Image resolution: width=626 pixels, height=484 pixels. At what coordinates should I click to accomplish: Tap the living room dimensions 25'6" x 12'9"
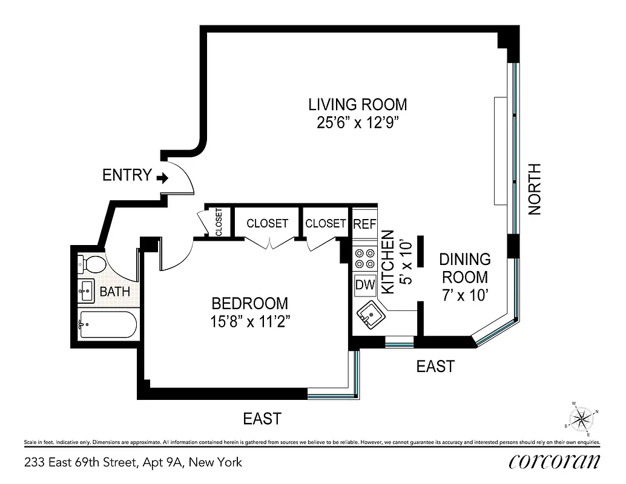click(x=357, y=123)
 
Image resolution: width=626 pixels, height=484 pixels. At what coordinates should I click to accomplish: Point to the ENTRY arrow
click(x=162, y=177)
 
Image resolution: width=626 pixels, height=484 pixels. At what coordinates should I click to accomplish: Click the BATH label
click(x=115, y=292)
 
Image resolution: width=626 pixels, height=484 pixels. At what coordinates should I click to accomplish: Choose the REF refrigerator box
click(x=364, y=224)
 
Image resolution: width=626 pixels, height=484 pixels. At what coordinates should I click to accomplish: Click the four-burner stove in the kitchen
click(x=364, y=259)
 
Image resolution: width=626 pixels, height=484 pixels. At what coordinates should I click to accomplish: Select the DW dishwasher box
click(x=365, y=284)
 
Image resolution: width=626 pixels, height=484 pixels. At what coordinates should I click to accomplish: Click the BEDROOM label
click(x=249, y=303)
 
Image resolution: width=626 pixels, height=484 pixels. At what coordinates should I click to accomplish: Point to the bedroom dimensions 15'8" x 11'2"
click(x=249, y=322)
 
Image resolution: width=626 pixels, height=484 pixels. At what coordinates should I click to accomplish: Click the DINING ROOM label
click(x=464, y=268)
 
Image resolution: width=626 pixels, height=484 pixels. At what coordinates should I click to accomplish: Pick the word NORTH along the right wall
click(x=534, y=189)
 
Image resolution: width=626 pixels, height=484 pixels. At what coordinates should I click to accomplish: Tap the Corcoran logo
click(x=555, y=462)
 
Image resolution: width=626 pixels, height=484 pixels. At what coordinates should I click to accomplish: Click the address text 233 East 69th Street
click(x=133, y=463)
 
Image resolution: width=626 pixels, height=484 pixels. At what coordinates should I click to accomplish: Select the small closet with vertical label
click(x=218, y=222)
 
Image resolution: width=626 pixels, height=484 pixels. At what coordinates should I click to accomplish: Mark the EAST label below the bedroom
click(x=262, y=418)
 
